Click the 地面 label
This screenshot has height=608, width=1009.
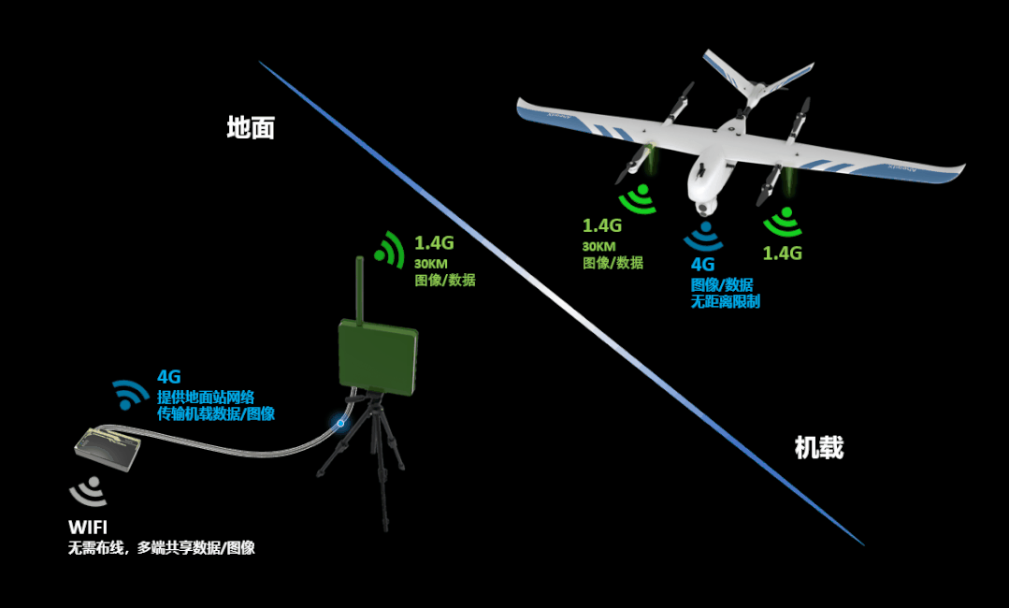pos(251,128)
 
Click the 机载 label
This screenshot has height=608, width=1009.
pos(818,448)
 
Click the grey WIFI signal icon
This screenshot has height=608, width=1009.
pos(89,492)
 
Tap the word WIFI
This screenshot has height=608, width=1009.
pos(94,528)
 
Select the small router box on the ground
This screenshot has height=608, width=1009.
pos(108,448)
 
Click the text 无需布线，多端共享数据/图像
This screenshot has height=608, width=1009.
pos(161,548)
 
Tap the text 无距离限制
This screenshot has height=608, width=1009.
pos(725,302)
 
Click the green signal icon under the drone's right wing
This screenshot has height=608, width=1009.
pos(783,223)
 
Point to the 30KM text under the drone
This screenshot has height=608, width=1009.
pos(598,246)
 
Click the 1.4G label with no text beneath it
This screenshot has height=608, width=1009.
pos(783,253)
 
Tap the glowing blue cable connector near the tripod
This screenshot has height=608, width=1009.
pos(340,423)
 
